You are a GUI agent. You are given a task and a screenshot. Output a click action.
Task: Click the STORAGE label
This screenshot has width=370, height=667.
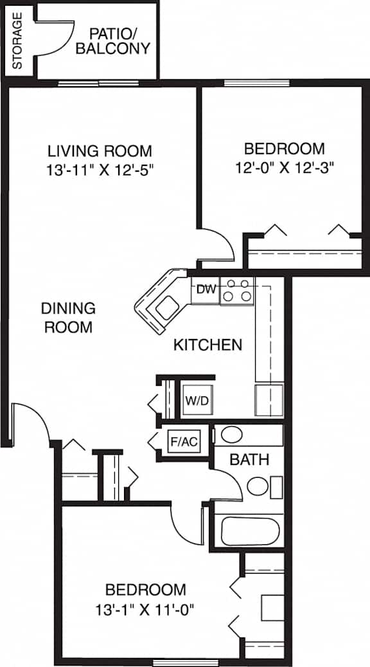17,41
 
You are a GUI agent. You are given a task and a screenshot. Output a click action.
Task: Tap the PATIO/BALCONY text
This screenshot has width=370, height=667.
112,41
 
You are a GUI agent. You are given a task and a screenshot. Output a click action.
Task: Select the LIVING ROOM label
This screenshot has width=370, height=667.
100,151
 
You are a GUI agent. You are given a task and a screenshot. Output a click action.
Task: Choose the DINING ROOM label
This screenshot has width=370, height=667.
68,318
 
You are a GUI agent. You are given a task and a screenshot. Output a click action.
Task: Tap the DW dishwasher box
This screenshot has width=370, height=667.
205,290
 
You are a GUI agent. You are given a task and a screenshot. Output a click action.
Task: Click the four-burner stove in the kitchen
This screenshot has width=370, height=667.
236,291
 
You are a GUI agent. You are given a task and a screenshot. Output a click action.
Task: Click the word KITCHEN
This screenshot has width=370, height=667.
207,345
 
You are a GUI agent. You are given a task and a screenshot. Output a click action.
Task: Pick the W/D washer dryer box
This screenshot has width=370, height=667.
197,400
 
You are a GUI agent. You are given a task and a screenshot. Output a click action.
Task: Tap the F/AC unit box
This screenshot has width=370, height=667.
184,441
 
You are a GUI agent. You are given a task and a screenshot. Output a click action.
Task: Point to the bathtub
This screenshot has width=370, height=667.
251,531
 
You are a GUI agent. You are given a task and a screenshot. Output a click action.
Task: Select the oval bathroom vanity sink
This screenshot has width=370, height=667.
232,434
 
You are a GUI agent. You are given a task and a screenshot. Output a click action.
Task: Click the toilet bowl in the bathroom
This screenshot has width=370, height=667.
258,486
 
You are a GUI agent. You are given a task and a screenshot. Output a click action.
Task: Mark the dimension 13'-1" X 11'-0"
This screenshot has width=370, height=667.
145,610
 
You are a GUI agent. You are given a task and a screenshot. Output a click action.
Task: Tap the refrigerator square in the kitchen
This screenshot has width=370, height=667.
269,400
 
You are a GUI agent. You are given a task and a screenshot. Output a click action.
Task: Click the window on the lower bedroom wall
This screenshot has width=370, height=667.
185,662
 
